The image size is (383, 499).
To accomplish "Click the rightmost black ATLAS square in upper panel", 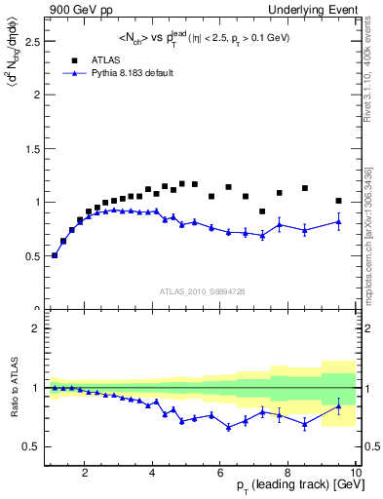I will click(338, 201).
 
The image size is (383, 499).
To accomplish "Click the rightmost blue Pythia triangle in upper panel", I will click(338, 221).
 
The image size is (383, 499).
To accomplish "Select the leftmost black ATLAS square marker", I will click(55, 255).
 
